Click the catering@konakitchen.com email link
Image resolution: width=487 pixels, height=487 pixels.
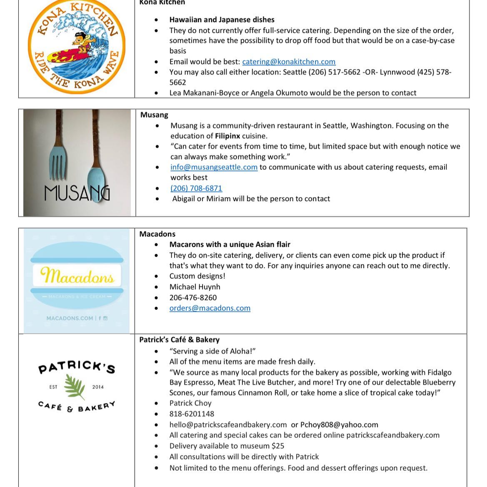click(289, 62)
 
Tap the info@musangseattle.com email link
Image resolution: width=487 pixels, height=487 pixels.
click(214, 167)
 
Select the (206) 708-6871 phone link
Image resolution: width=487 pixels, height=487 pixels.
click(196, 188)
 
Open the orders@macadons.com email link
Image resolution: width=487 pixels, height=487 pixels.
click(210, 308)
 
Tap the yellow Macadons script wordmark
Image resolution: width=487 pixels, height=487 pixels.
click(77, 276)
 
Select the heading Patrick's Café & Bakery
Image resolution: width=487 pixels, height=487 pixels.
click(179, 340)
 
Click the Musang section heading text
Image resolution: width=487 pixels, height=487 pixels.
click(154, 115)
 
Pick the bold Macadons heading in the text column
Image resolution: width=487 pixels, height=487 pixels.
click(157, 234)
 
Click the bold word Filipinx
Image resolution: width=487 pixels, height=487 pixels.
click(227, 136)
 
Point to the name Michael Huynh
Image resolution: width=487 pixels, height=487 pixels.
click(195, 287)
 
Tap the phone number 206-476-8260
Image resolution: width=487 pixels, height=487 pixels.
click(193, 298)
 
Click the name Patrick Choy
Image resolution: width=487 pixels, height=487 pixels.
click(190, 403)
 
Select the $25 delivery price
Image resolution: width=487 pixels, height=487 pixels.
click(278, 446)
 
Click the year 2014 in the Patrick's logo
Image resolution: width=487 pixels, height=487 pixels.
click(98, 387)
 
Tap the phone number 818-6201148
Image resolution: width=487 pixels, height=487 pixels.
click(192, 414)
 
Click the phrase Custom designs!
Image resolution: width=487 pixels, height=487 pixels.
click(197, 276)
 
